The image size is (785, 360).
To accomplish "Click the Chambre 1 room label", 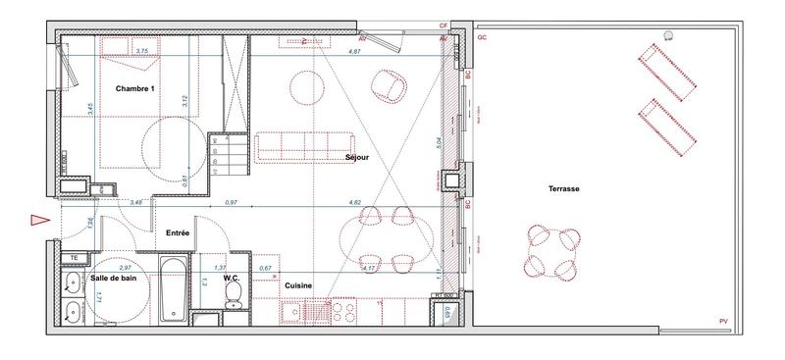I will (x=136, y=89).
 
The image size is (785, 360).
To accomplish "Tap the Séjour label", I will (x=356, y=157).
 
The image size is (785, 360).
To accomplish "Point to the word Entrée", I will (x=178, y=232).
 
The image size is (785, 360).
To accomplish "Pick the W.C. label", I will (x=232, y=278).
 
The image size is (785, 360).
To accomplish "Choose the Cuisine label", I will (x=298, y=285).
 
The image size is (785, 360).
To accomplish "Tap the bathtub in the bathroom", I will (x=173, y=288).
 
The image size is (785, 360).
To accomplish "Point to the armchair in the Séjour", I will (x=394, y=86).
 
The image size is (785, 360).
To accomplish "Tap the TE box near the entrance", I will (x=74, y=258).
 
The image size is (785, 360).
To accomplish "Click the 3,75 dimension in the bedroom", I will (x=141, y=51).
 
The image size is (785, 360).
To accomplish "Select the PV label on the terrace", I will (x=723, y=323).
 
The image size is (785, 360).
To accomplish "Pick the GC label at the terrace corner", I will (x=482, y=37).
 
